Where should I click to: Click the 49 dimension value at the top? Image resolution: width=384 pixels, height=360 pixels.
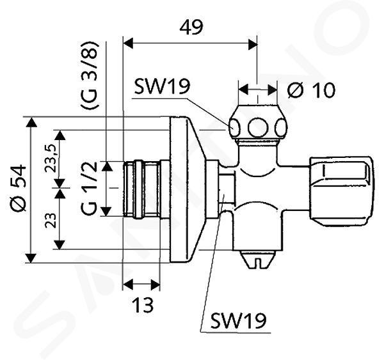tap(191, 27)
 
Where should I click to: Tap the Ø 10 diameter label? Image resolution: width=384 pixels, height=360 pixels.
tap(311, 90)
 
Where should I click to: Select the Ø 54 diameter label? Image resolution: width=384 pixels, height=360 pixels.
tap(18, 187)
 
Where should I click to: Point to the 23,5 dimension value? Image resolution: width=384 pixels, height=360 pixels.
tap(51, 158)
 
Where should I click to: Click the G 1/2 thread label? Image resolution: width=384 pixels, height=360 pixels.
tap(90, 189)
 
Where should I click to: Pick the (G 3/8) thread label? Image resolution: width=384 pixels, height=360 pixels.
tap(90, 75)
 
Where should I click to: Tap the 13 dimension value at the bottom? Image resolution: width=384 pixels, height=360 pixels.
tap(143, 305)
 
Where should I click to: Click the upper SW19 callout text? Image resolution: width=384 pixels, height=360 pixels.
tap(162, 86)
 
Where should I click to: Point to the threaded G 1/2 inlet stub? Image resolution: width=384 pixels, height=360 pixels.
tap(141, 189)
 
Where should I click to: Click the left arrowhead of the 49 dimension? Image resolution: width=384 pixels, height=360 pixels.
tap(128, 43)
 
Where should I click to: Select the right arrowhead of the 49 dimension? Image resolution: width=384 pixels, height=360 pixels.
tap(253, 43)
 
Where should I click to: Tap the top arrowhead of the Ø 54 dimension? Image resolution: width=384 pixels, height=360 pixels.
tap(31, 122)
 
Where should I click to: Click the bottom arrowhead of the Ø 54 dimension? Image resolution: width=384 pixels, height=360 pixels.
tap(31, 258)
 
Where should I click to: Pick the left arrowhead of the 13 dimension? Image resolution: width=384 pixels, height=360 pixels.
tap(127, 285)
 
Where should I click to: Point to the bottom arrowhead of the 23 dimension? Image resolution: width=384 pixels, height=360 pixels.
tap(60, 245)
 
